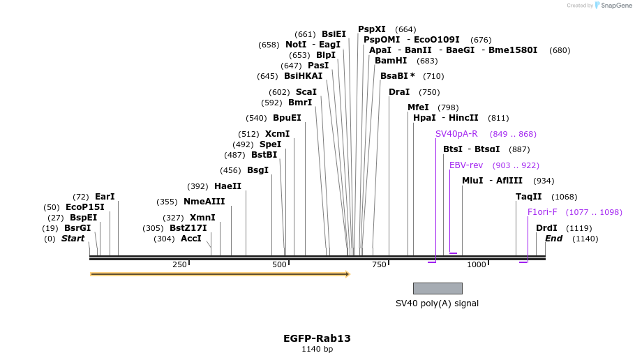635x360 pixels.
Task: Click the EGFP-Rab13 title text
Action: (317, 338)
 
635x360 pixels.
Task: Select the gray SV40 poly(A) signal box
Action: (438, 288)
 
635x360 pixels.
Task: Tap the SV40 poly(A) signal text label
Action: (437, 303)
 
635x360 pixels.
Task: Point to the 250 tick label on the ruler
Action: (179, 264)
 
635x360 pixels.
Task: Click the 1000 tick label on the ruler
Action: (477, 264)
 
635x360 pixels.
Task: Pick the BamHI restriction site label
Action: (391, 61)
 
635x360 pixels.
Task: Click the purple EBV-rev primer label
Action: (466, 165)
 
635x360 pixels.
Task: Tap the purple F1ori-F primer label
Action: (542, 212)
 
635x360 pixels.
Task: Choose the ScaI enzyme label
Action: (306, 92)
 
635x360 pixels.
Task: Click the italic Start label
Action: (73, 239)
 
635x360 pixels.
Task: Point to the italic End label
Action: (553, 239)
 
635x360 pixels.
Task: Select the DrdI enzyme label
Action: (546, 228)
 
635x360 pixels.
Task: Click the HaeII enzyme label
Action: (227, 186)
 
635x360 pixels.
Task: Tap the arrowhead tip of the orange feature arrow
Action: (348, 274)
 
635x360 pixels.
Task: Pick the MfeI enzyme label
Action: (418, 107)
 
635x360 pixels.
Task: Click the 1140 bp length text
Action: (317, 349)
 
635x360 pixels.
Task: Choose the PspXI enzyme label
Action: (372, 29)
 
